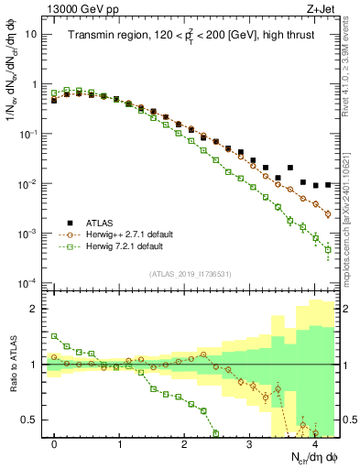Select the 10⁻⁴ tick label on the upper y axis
pyautogui.click(x=29, y=282)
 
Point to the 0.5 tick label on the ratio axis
pyautogui.click(x=32, y=420)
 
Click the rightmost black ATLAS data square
pyautogui.click(x=328, y=185)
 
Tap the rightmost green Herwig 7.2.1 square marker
pyautogui.click(x=328, y=249)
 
